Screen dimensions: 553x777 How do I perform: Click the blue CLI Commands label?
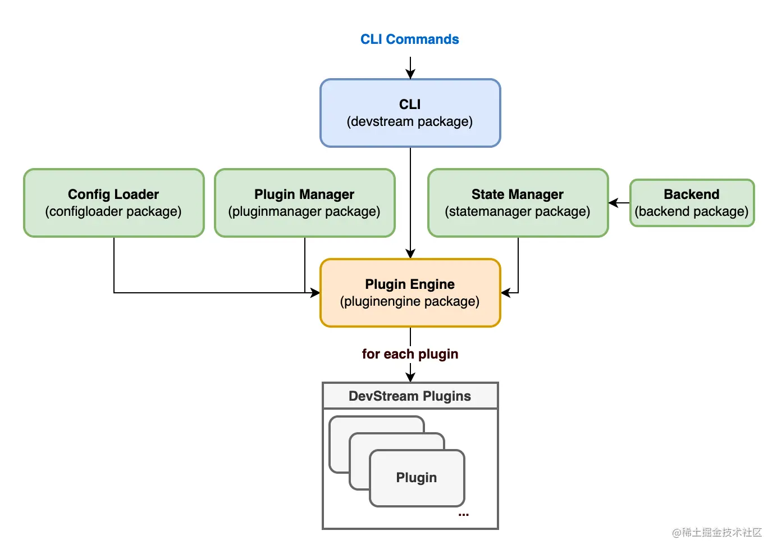coord(409,39)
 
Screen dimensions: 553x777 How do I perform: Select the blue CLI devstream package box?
coord(410,113)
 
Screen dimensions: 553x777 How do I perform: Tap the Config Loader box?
coord(113,203)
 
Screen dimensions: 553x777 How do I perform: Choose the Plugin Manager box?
coord(304,203)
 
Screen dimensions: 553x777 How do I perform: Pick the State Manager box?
coord(518,203)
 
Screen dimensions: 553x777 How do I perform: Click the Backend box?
coord(692,203)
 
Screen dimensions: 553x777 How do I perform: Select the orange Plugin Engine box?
coord(410,293)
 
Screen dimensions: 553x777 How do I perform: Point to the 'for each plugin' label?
coord(410,354)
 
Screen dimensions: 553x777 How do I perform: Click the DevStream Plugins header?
coord(410,396)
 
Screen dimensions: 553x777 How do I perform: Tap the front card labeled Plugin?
coord(417,478)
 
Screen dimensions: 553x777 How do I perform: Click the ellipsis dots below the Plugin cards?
coord(463,514)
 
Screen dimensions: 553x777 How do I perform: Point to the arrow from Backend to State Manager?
coord(619,203)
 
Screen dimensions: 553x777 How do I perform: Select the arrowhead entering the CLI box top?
coord(410,75)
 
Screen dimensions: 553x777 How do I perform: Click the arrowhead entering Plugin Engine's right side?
coord(505,293)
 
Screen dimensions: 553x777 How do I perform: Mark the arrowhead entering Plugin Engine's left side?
coord(315,293)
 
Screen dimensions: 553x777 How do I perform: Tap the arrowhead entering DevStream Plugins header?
coord(410,377)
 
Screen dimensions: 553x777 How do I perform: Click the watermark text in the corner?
coord(717,532)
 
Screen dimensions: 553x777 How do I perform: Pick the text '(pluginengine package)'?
coord(410,302)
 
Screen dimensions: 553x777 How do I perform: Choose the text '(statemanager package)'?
coord(518,212)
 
